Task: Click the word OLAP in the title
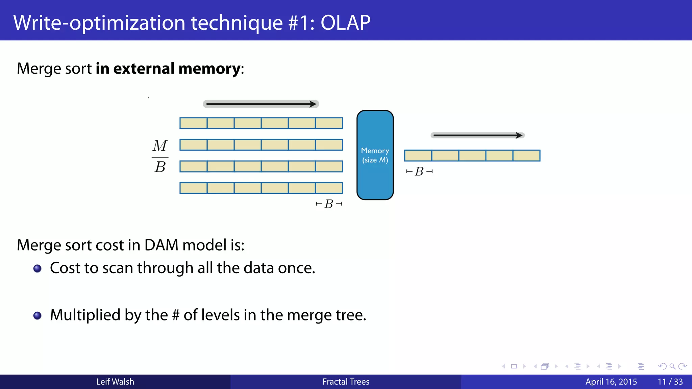pyautogui.click(x=345, y=23)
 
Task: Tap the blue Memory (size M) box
pyautogui.click(x=375, y=155)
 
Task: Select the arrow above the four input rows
pyautogui.click(x=261, y=104)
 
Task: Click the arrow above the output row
pyautogui.click(x=477, y=135)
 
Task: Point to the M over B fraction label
pyautogui.click(x=160, y=156)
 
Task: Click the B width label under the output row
pyautogui.click(x=419, y=172)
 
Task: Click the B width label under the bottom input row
pyautogui.click(x=329, y=204)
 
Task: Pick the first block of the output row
pyautogui.click(x=418, y=156)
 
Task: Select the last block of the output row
pyautogui.click(x=526, y=156)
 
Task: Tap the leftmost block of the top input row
pyautogui.click(x=193, y=123)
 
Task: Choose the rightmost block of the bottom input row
pyautogui.click(x=329, y=188)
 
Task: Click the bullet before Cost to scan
pyautogui.click(x=38, y=268)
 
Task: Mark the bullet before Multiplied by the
pyautogui.click(x=38, y=315)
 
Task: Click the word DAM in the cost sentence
pyautogui.click(x=161, y=245)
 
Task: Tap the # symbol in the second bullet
pyautogui.click(x=176, y=315)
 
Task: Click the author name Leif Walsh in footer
pyautogui.click(x=115, y=382)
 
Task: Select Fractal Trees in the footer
pyautogui.click(x=346, y=382)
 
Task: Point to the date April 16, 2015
pyautogui.click(x=611, y=382)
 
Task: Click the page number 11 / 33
pyautogui.click(x=670, y=382)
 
